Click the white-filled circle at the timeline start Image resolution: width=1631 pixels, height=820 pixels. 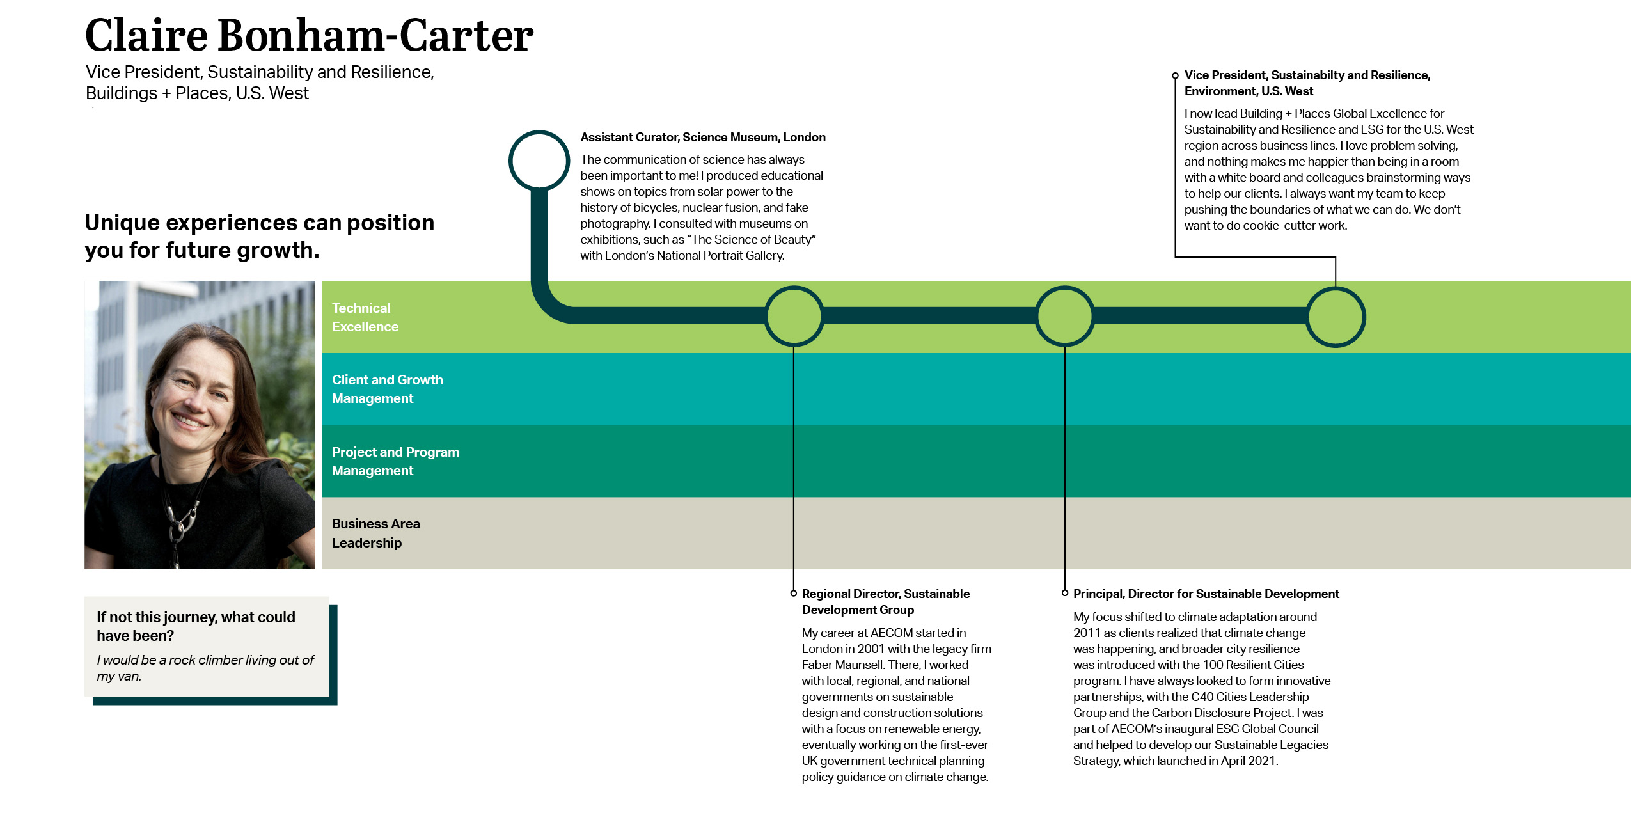click(x=539, y=161)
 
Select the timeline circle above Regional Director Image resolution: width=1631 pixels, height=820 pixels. click(x=794, y=316)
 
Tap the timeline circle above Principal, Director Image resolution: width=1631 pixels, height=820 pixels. click(x=1065, y=316)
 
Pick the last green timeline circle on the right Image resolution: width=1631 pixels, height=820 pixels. click(x=1336, y=317)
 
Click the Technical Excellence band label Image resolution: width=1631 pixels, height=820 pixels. click(x=365, y=317)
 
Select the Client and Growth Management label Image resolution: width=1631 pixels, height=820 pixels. click(x=387, y=389)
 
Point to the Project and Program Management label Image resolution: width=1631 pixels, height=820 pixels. click(x=395, y=461)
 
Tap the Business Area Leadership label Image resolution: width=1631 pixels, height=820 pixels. click(x=375, y=533)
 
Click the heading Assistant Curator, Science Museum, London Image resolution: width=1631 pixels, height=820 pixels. click(x=702, y=137)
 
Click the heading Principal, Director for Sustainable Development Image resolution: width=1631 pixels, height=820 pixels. click(x=1206, y=594)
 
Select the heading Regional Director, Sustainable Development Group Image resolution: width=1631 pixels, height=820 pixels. click(x=885, y=601)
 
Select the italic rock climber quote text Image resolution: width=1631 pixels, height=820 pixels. click(x=205, y=668)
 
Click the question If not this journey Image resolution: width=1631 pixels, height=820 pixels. click(x=195, y=626)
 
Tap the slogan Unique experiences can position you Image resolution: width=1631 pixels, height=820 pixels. click(x=259, y=236)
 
